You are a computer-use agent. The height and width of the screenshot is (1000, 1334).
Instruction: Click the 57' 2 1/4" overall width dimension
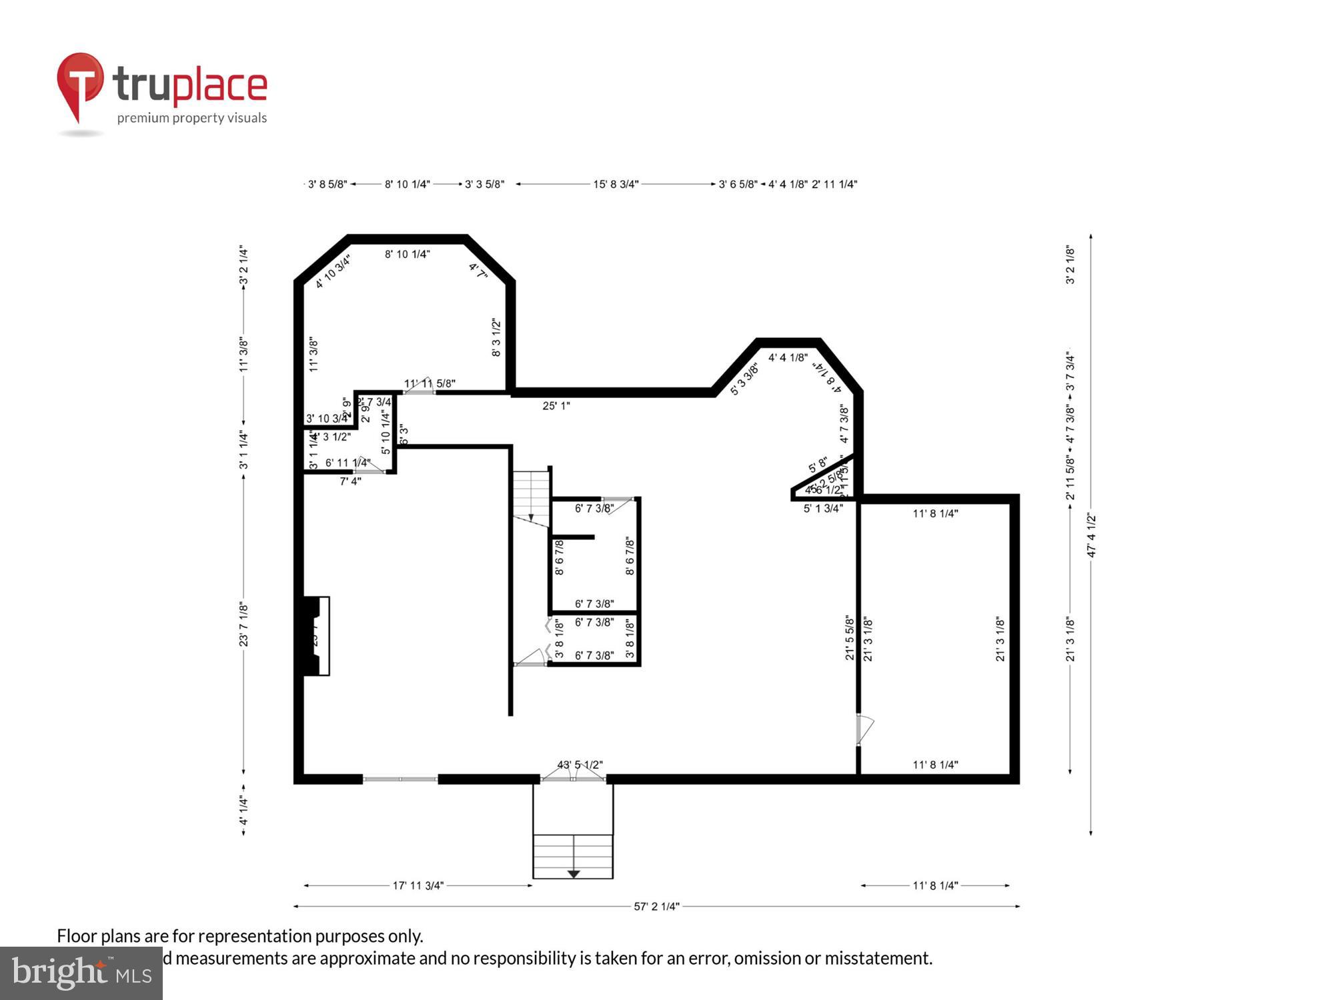pos(656,906)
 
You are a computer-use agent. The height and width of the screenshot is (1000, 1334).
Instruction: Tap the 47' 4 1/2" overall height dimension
pos(1091,535)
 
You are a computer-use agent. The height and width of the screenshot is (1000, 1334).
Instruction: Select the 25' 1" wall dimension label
pos(556,405)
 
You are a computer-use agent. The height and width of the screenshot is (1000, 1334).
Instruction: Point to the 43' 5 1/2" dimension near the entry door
pos(580,765)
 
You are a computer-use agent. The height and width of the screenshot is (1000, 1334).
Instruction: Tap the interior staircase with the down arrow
pos(531,497)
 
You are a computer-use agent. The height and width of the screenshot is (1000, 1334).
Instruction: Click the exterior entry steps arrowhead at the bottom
pos(573,873)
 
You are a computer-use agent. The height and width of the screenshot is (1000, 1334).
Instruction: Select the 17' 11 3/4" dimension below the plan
pos(418,885)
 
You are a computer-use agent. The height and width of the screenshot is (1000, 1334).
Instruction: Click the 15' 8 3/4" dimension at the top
pos(616,184)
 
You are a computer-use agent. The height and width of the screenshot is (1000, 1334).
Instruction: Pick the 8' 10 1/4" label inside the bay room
pos(407,254)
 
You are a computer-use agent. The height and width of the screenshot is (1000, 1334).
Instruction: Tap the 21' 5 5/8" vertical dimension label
pos(849,638)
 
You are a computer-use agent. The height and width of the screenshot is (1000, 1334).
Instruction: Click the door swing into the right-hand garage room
pos(864,729)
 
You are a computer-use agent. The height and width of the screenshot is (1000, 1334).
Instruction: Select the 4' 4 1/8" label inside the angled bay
pos(788,357)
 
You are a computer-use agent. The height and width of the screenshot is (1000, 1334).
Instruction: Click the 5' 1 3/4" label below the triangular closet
pos(822,508)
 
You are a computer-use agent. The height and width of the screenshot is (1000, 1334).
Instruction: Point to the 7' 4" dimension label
pos(350,481)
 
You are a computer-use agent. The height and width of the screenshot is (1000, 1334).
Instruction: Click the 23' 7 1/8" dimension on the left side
pos(244,625)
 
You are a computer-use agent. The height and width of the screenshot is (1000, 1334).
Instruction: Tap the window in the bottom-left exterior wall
pos(400,779)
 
